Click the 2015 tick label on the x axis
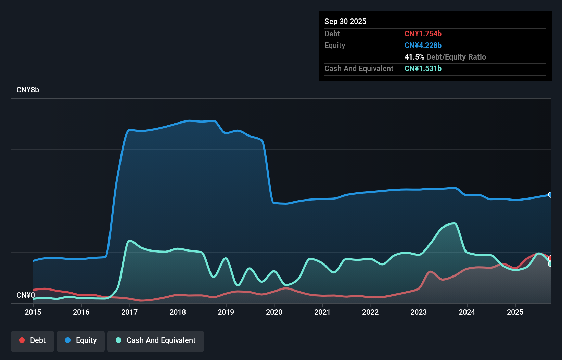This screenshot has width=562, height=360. point(33,312)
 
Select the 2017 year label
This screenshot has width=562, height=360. point(129,312)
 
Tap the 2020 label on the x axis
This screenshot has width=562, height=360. point(274,312)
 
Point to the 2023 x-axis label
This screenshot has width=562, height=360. point(419,312)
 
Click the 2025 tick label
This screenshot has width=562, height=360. point(515,312)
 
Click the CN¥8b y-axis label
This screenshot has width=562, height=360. point(28,90)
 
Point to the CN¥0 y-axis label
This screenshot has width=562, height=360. point(26,295)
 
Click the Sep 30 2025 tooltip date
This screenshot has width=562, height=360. point(345,21)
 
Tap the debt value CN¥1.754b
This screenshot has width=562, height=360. point(423,34)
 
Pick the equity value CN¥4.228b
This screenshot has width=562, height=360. point(423,45)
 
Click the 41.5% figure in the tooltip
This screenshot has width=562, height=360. point(414,57)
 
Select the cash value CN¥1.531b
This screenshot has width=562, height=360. point(423,68)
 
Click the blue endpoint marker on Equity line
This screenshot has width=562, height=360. point(550,195)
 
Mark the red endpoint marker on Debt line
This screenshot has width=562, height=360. point(550,258)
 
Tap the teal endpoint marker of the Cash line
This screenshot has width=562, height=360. point(550,264)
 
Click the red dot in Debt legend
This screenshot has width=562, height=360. point(22,340)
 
